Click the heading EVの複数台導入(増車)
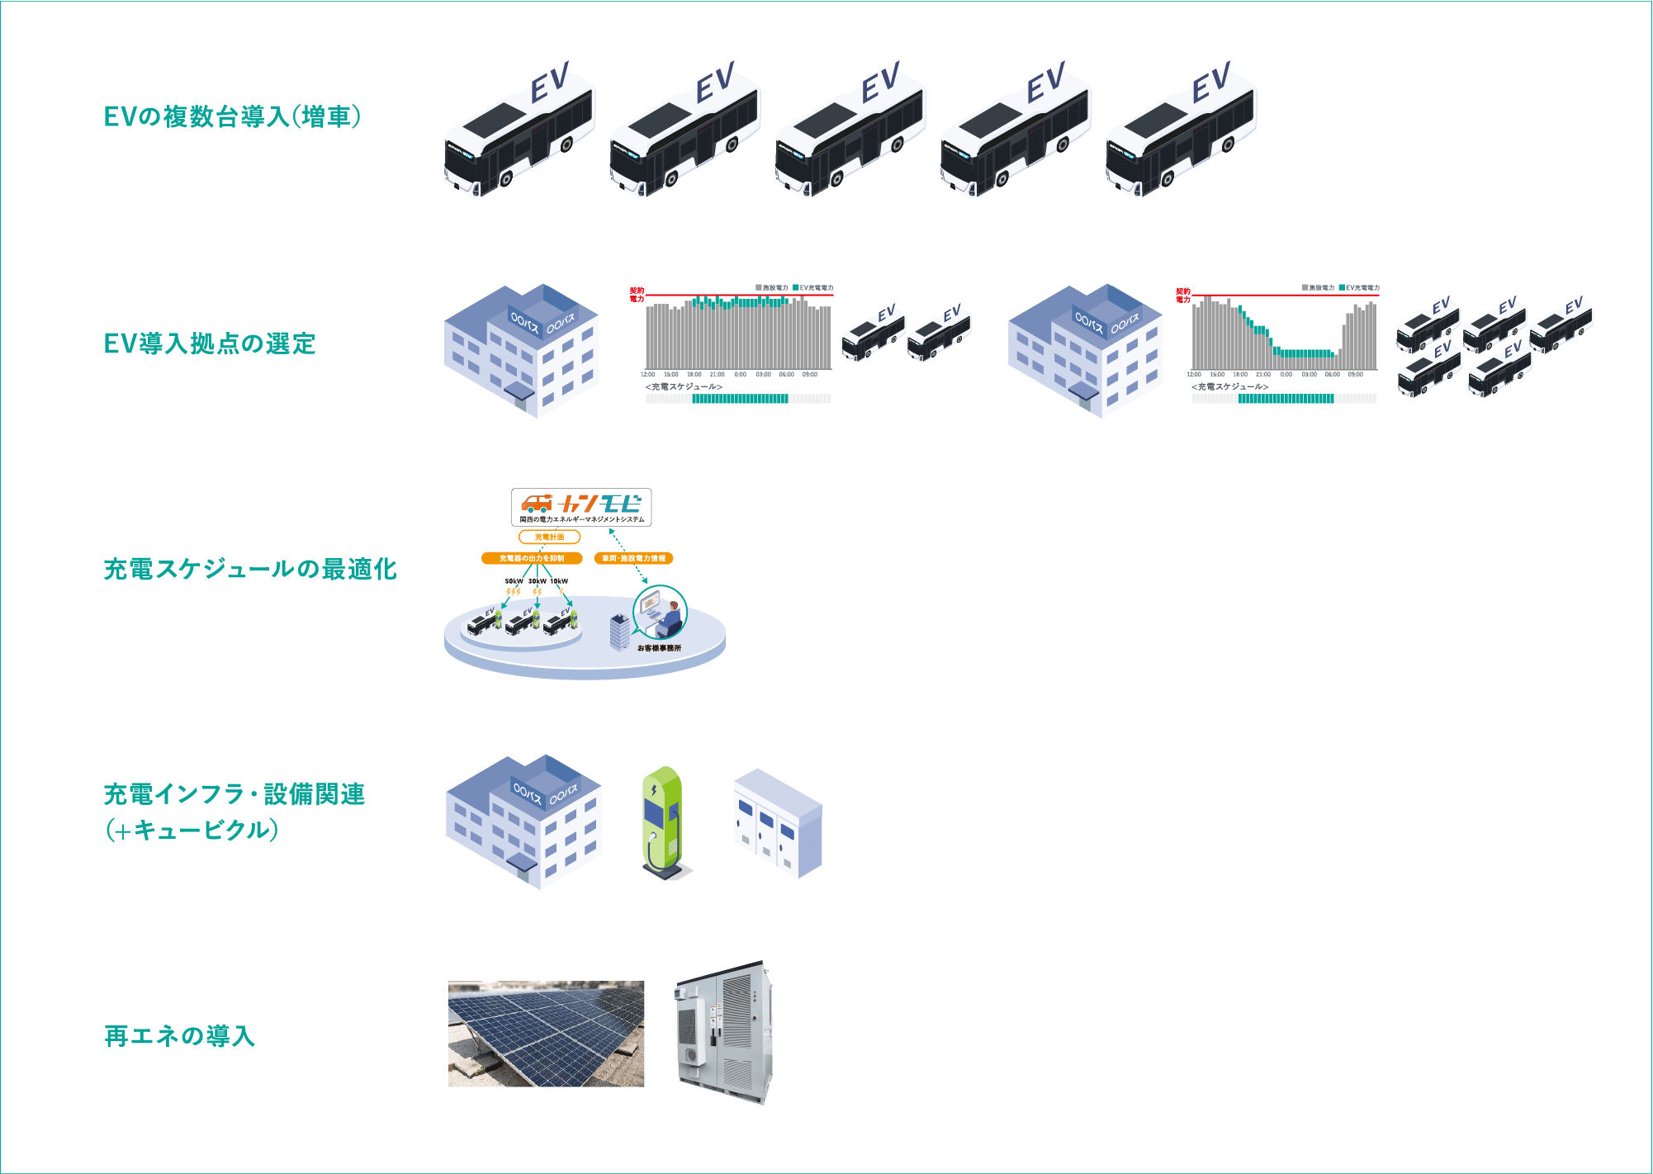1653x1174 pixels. tap(232, 116)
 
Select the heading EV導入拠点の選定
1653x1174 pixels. tap(210, 343)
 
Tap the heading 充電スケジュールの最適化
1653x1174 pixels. tap(250, 569)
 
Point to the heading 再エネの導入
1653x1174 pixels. tap(179, 1035)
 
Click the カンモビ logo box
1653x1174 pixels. tap(581, 507)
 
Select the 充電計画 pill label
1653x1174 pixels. tap(549, 537)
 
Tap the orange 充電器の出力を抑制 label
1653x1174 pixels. tap(532, 558)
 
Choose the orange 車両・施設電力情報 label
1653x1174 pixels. tap(633, 558)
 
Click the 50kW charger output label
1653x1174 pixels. tap(514, 581)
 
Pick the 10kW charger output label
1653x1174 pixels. tap(559, 581)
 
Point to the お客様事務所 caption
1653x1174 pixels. tap(659, 648)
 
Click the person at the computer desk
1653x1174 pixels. tap(671, 618)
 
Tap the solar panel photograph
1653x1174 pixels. tap(546, 1034)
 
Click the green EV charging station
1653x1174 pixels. tap(662, 821)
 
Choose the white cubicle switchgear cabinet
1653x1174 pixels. tap(778, 823)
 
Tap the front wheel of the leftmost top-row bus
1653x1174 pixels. tap(505, 178)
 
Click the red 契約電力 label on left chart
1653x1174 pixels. tap(637, 295)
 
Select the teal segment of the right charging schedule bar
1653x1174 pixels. tap(1286, 399)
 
